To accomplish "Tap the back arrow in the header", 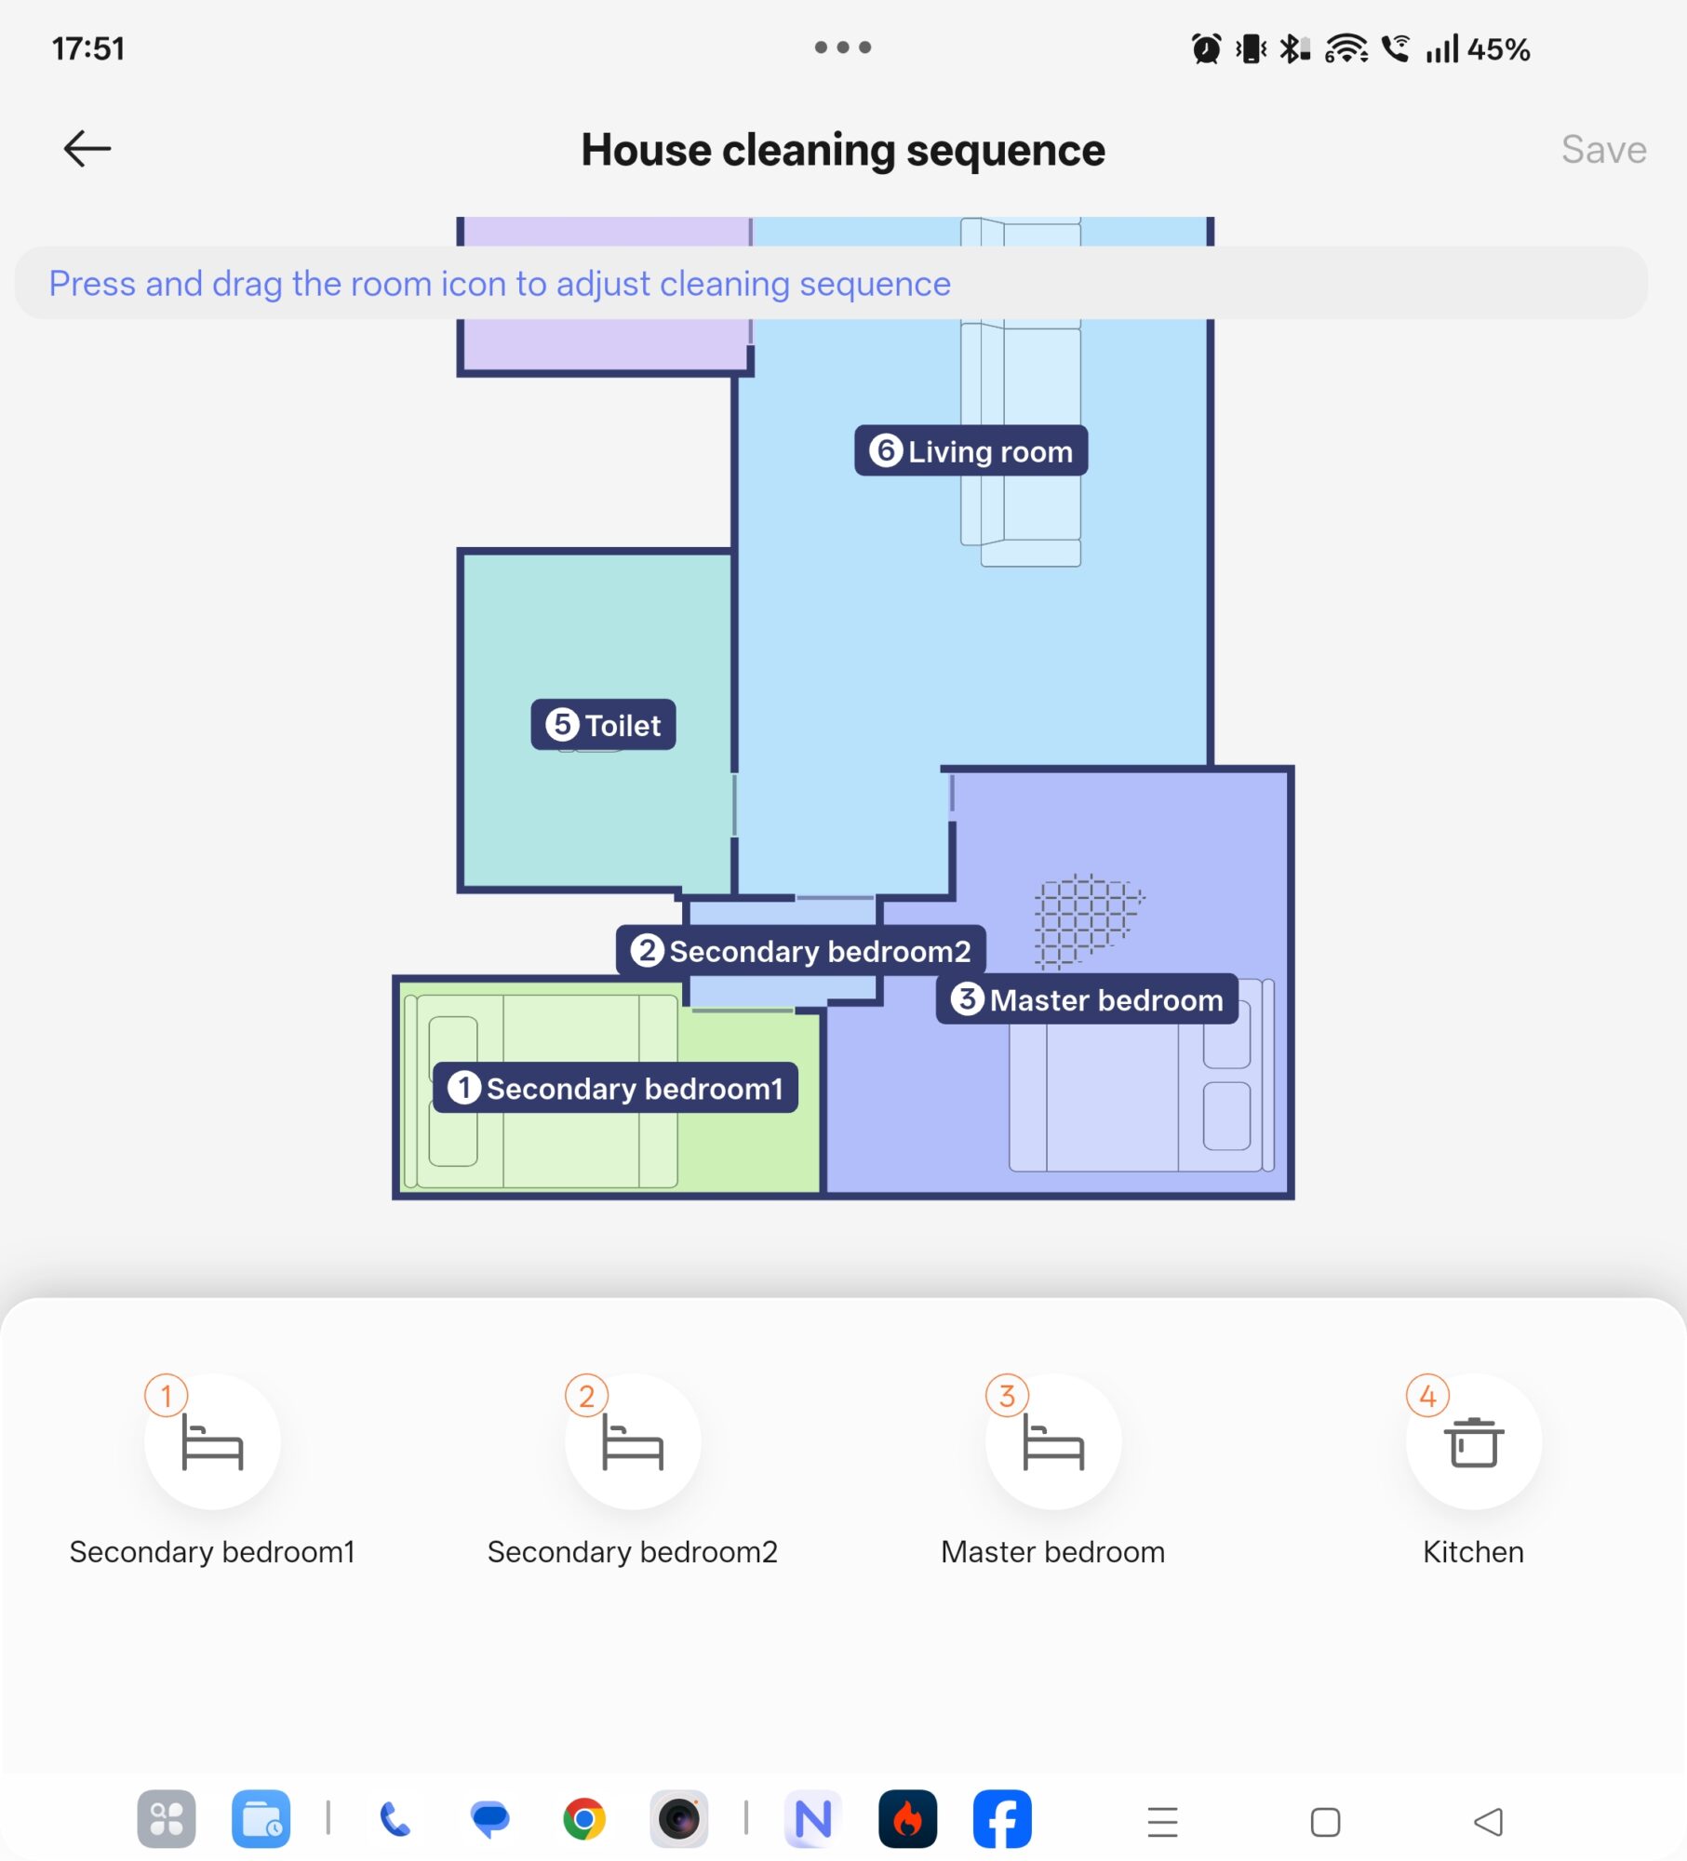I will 87,149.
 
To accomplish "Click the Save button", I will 1602,150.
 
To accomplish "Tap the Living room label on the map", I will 971,451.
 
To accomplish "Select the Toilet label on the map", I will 603,725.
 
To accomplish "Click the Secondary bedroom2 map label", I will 800,951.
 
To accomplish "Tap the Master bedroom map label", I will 1086,999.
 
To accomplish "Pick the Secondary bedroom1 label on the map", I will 615,1088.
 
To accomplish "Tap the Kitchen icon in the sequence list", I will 1473,1442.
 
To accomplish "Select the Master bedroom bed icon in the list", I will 1052,1442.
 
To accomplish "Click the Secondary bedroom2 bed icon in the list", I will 632,1442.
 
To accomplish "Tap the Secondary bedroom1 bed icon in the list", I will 212,1442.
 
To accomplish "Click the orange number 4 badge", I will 1426,1396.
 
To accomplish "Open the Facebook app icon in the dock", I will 1001,1819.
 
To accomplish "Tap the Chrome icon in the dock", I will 584,1819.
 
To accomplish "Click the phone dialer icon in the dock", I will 395,1819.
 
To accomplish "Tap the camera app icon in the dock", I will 678,1819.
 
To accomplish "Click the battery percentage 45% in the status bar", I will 1498,49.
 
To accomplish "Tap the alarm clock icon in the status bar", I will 1206,48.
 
